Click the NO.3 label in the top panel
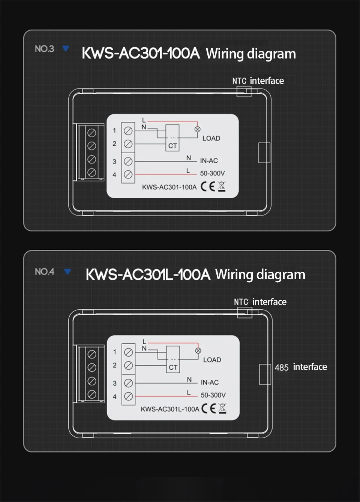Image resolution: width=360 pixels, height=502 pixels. pyautogui.click(x=44, y=49)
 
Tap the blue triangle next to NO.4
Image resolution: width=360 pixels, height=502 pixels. pyautogui.click(x=67, y=271)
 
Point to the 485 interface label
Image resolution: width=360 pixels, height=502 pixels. pyautogui.click(x=300, y=367)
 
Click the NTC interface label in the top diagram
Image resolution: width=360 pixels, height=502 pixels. pyautogui.click(x=258, y=81)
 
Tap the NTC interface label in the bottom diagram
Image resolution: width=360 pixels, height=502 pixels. pyautogui.click(x=260, y=302)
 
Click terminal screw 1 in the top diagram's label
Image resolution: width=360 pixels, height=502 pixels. pyautogui.click(x=128, y=130)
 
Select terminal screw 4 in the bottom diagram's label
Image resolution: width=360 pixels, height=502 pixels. pyautogui.click(x=128, y=396)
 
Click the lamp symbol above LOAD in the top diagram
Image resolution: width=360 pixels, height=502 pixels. pyautogui.click(x=198, y=129)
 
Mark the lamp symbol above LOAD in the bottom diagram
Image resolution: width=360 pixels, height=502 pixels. pyautogui.click(x=198, y=351)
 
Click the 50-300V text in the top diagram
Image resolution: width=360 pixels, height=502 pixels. pyautogui.click(x=212, y=173)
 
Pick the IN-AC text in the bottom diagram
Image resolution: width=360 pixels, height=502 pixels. pyautogui.click(x=210, y=382)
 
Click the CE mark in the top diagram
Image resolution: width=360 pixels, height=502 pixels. pyautogui.click(x=208, y=186)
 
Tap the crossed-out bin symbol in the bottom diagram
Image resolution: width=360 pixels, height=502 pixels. pyautogui.click(x=222, y=408)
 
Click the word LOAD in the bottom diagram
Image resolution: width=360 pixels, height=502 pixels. pyautogui.click(x=212, y=360)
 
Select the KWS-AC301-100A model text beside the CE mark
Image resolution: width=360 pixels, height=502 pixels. pyautogui.click(x=169, y=187)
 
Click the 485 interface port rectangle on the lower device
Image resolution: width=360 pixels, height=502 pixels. pyautogui.click(x=265, y=374)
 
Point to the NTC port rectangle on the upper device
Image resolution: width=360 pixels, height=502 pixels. pyautogui.click(x=244, y=91)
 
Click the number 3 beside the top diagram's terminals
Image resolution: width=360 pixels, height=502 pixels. pyautogui.click(x=114, y=162)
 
